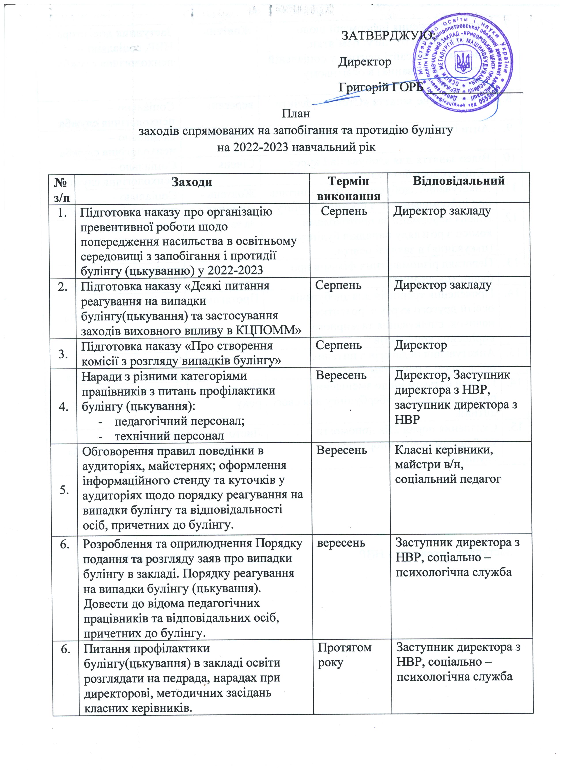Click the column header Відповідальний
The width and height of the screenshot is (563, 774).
point(459,180)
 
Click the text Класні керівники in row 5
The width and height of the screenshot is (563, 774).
point(444,451)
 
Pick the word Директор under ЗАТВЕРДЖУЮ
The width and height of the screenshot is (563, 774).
point(365,62)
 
